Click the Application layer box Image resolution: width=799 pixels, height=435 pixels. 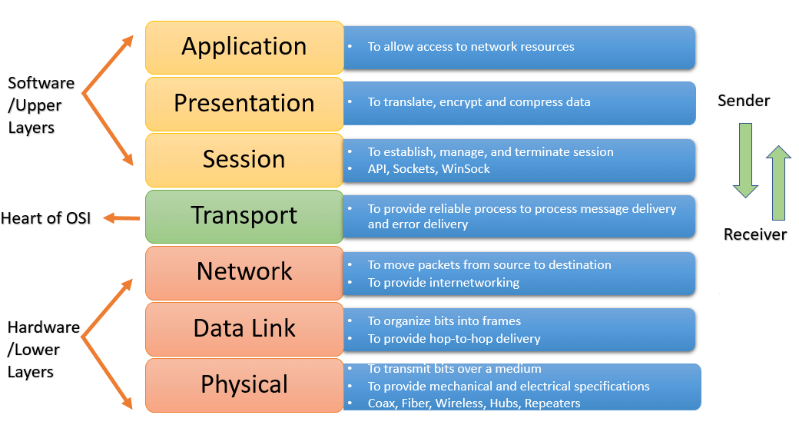coord(244,47)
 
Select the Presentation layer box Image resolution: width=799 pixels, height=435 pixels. coord(244,103)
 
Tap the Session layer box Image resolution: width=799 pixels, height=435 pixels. coord(244,159)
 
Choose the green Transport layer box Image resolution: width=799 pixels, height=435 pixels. coord(244,216)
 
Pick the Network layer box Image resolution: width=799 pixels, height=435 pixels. coord(244,272)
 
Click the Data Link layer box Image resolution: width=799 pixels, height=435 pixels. coord(244,329)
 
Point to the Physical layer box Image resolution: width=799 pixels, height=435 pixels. coord(244,384)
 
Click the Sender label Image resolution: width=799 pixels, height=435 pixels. coord(744,101)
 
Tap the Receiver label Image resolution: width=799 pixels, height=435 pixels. coord(755,234)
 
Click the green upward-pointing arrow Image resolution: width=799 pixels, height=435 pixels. coord(778,182)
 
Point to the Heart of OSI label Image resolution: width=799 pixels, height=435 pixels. coord(46,218)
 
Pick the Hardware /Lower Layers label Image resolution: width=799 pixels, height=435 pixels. coord(43,350)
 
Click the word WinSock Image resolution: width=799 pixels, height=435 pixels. coord(466,169)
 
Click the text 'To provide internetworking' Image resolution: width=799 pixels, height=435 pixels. coord(443,283)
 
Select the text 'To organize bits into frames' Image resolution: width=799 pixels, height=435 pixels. coord(444,321)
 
